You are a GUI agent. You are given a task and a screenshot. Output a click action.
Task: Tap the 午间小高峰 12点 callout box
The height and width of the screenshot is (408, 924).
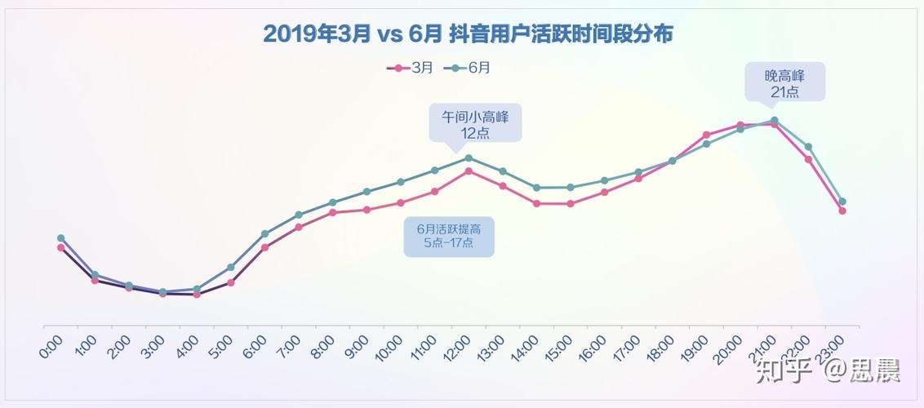[475, 123]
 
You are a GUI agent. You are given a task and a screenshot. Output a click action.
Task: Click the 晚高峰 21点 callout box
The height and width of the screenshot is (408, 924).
[784, 83]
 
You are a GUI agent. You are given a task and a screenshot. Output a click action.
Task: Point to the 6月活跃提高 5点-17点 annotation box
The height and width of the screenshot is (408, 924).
[449, 237]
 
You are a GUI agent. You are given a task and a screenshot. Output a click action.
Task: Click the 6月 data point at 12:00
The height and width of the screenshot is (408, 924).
[469, 157]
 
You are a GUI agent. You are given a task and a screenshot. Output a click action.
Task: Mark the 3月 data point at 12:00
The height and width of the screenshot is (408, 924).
[469, 171]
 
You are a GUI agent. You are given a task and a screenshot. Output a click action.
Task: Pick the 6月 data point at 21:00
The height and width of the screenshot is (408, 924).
[775, 120]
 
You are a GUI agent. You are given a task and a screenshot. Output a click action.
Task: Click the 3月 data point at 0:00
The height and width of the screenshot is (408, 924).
[60, 247]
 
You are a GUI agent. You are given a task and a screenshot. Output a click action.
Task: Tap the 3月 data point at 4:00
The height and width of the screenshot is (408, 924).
[197, 295]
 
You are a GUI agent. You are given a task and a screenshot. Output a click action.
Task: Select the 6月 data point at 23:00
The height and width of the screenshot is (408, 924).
[842, 202]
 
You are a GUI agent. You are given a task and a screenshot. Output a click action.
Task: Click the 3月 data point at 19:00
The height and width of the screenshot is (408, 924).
[706, 135]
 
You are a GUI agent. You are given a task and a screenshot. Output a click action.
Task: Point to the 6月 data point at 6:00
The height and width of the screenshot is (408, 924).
[264, 233]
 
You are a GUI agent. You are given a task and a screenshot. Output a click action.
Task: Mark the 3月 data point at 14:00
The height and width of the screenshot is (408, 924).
[536, 203]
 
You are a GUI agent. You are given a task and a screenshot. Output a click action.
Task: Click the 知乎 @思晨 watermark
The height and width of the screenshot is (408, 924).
[828, 370]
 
